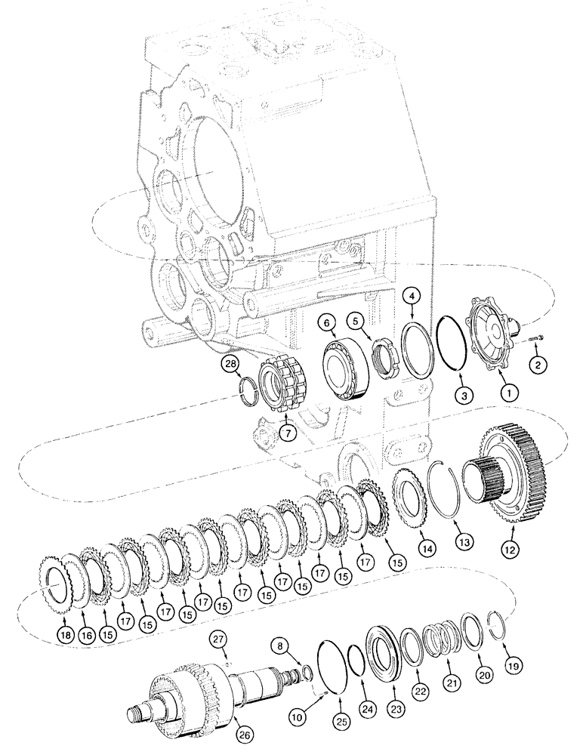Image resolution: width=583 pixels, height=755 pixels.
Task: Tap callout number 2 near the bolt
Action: pos(538,366)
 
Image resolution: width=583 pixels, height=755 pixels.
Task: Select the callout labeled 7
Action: pos(286,433)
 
